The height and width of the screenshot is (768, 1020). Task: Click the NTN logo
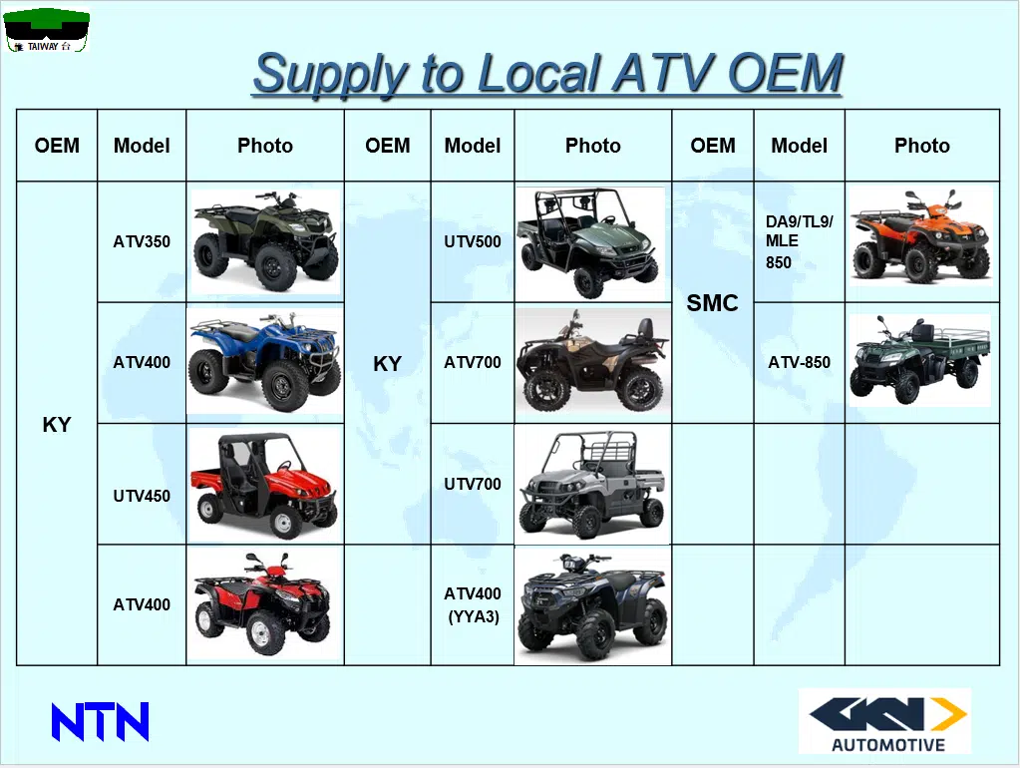(x=100, y=721)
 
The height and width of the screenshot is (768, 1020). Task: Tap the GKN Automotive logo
(x=884, y=721)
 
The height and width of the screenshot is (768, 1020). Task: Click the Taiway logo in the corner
(x=46, y=30)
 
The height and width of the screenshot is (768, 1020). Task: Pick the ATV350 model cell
(x=142, y=241)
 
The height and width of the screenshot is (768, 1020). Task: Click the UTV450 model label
(x=142, y=496)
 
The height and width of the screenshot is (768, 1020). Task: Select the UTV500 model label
(x=473, y=241)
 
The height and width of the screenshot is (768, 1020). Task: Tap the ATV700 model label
(x=473, y=362)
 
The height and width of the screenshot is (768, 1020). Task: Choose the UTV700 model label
(x=473, y=484)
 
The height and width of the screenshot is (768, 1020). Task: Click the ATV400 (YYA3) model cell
(x=473, y=604)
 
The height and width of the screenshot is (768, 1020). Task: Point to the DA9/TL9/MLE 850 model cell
(x=799, y=241)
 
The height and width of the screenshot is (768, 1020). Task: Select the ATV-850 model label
(x=799, y=362)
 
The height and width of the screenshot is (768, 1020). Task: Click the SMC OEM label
(x=712, y=302)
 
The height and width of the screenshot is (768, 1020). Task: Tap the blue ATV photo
(x=265, y=362)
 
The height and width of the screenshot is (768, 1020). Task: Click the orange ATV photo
(x=920, y=236)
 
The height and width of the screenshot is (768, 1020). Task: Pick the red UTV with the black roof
(x=265, y=486)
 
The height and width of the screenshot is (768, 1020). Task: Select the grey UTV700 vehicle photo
(x=592, y=484)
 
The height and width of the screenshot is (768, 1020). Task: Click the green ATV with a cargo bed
(x=919, y=361)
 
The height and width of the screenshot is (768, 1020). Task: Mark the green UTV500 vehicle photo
(x=589, y=242)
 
